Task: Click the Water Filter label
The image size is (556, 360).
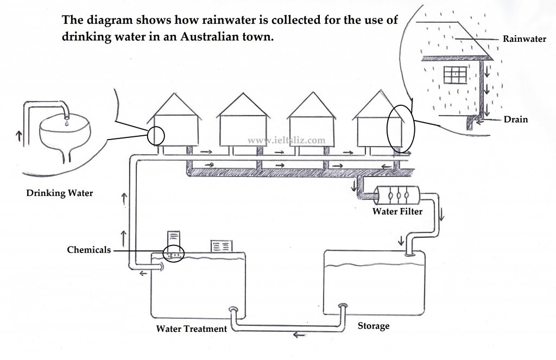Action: [397, 211]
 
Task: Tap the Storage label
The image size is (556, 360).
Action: [374, 326]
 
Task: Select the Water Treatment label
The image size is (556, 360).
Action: [192, 329]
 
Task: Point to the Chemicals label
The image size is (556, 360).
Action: [89, 250]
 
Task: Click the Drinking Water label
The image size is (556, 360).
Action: [60, 193]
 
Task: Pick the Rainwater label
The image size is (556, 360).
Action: [525, 39]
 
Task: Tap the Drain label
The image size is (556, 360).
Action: [516, 119]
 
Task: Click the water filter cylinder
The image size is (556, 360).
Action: [397, 195]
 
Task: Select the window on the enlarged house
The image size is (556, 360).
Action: [456, 75]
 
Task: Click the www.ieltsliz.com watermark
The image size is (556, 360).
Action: [286, 141]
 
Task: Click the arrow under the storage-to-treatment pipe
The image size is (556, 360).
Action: [300, 334]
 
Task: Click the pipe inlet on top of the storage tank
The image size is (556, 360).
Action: [410, 253]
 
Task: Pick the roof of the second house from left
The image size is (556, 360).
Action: [243, 105]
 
